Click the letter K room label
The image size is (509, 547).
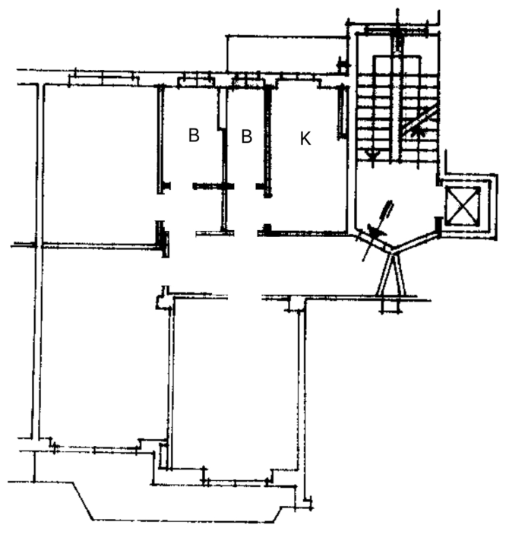pyautogui.click(x=305, y=138)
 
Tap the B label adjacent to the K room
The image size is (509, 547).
pyautogui.click(x=246, y=137)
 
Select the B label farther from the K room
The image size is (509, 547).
pyautogui.click(x=194, y=137)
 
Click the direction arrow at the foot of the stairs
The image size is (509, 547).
pyautogui.click(x=372, y=153)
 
